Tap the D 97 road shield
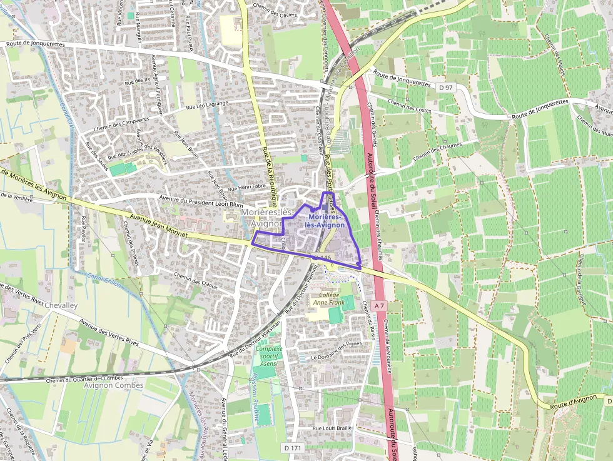click(445, 88)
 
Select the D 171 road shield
click(292, 448)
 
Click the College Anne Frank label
click(329, 299)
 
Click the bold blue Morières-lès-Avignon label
click(325, 221)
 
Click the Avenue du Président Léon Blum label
click(201, 203)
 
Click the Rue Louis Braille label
click(333, 428)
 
